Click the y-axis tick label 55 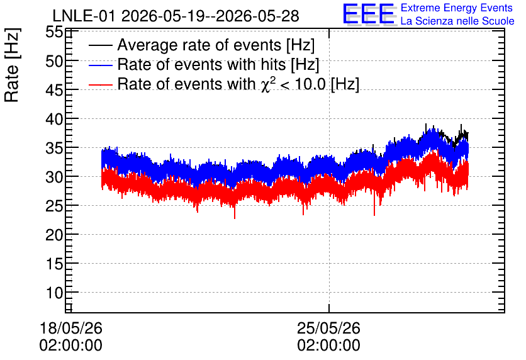[54, 32]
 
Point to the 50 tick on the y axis [54, 61]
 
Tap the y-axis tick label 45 [54, 90]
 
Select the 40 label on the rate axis [54, 119]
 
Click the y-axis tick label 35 [54, 148]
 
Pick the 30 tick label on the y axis [54, 177]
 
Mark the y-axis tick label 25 [54, 206]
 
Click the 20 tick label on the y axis [54, 235]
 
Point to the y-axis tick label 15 [54, 264]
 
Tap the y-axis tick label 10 [54, 293]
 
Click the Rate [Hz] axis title [12, 65]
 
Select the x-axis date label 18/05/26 [70, 328]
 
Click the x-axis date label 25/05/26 [328, 328]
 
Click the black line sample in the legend [100, 45]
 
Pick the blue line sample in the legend [100, 65]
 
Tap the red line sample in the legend [100, 84]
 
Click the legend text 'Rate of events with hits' [201, 64]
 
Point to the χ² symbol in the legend [269, 84]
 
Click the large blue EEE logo [369, 14]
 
